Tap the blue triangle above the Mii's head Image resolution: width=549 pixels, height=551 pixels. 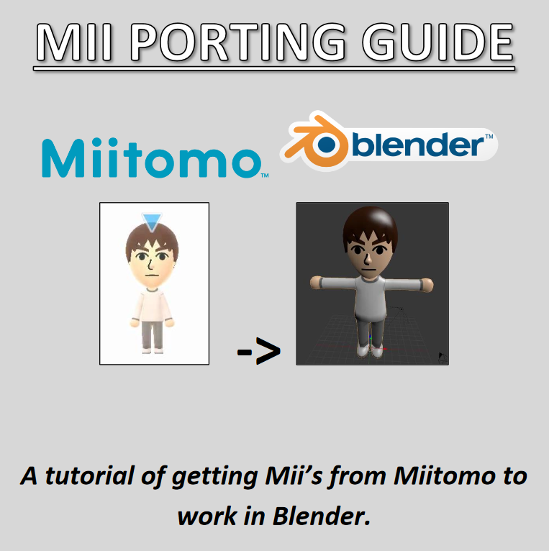pos(152,222)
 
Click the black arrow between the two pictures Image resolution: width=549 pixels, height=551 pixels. pos(258,352)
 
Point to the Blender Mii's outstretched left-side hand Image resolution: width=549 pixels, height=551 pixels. pos(316,285)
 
